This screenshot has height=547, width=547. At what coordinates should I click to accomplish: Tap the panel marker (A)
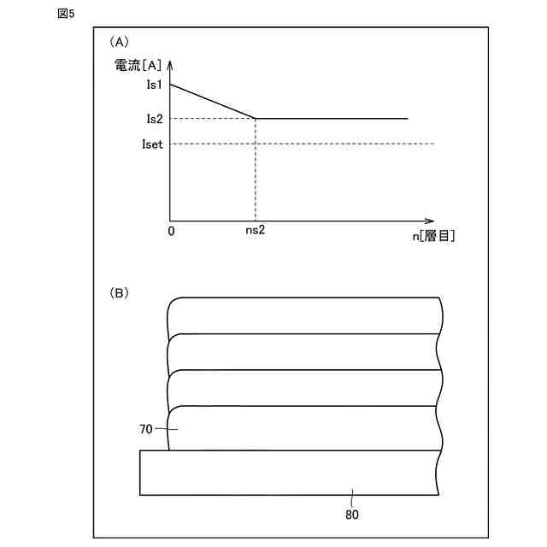tap(119, 42)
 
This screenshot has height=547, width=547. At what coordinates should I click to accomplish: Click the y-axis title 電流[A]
tap(138, 65)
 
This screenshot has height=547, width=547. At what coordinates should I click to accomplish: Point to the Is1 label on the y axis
tap(154, 85)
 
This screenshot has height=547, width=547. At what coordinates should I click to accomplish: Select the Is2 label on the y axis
tap(154, 119)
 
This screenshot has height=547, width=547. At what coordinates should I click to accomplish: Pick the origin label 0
tap(171, 232)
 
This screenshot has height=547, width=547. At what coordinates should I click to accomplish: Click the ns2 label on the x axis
tap(255, 232)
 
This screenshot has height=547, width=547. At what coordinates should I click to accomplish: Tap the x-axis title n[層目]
tap(434, 237)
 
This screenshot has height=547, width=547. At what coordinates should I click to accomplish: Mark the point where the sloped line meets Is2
tap(256, 118)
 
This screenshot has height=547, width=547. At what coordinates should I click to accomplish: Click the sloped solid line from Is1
tap(213, 101)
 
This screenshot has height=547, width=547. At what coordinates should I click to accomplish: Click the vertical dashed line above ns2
tap(256, 171)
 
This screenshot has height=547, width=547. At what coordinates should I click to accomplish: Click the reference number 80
tap(352, 515)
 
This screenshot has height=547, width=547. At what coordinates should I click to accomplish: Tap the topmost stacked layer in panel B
tap(303, 315)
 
